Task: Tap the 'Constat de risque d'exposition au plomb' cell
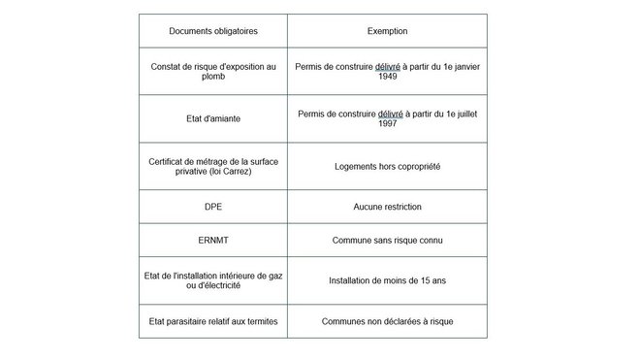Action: pos(212,71)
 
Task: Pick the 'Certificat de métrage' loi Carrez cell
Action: pos(212,166)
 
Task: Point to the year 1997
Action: pos(387,124)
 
